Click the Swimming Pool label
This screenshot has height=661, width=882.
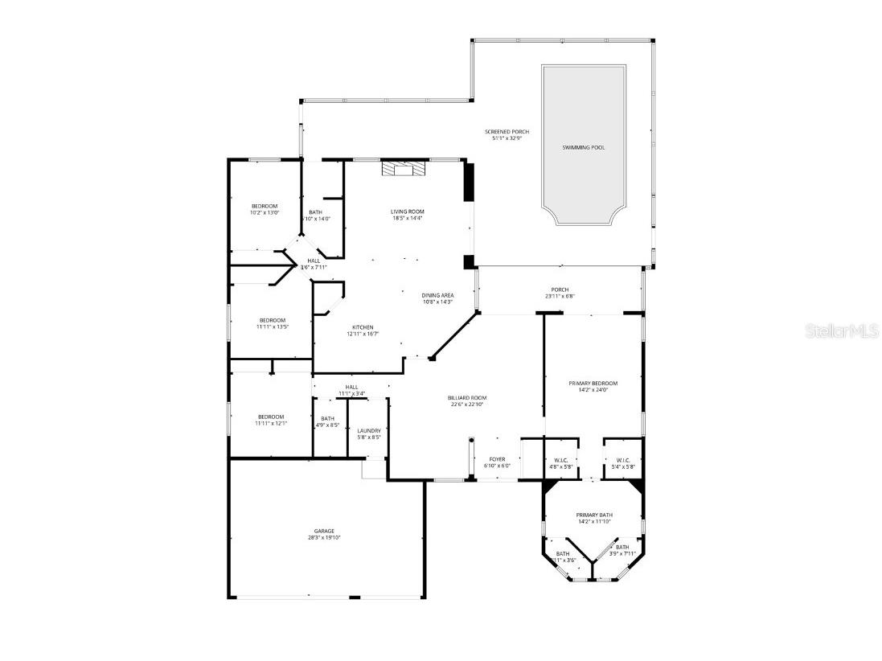pos(584,148)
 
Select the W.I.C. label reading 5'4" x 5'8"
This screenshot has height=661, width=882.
pos(623,463)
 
